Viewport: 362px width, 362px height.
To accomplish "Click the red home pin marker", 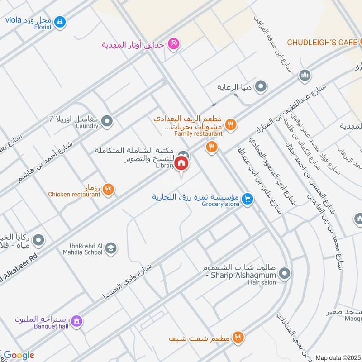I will point(181,163).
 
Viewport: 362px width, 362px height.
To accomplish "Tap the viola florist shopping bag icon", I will point(60,21).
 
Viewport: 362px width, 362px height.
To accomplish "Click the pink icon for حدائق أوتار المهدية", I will point(173,44).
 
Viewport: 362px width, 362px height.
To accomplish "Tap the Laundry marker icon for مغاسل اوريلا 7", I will point(107,120).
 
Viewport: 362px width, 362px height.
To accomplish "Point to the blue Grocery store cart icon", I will point(247,199).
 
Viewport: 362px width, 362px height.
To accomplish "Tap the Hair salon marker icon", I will point(284,273).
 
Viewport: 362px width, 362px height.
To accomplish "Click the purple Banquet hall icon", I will point(76,321).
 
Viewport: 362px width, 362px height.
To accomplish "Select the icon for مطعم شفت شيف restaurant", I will point(238,337).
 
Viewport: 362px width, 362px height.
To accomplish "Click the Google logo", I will point(19,355).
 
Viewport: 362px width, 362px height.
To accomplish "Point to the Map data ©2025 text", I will point(337,357).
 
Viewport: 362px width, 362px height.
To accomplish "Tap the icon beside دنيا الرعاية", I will point(261,87).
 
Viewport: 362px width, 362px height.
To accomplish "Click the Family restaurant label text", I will point(199,133).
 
